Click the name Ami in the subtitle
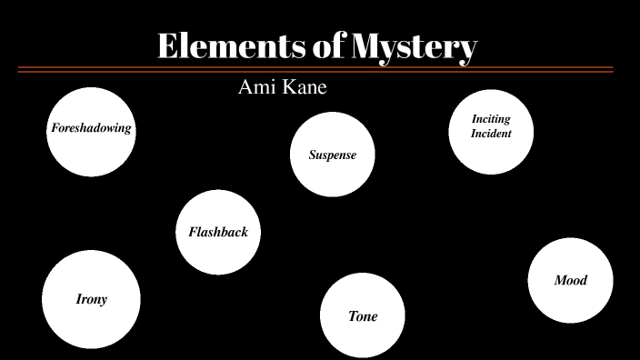pyautogui.click(x=255, y=87)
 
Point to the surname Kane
pyautogui.click(x=305, y=87)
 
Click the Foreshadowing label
pyautogui.click(x=91, y=128)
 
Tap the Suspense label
pyautogui.click(x=333, y=155)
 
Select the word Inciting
pyautogui.click(x=491, y=119)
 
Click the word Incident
pyautogui.click(x=491, y=134)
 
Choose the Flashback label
pyautogui.click(x=218, y=232)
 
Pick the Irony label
pyautogui.click(x=91, y=299)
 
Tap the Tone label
pyautogui.click(x=363, y=316)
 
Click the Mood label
pyautogui.click(x=571, y=280)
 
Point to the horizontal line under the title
pyautogui.click(x=315, y=69)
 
